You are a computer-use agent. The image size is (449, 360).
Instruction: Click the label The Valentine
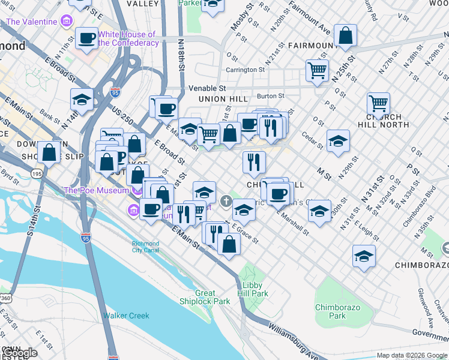coord(32,22)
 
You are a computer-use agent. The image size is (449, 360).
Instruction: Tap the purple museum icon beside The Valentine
coord(66,22)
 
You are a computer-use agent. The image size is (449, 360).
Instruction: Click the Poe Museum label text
coord(97,190)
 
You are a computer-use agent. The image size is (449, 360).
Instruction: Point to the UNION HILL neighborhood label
coord(223,99)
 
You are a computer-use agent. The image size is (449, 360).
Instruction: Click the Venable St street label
coord(206,88)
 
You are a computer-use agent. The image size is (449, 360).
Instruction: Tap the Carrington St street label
coord(245,70)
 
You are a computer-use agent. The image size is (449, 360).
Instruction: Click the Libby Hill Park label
coord(253,290)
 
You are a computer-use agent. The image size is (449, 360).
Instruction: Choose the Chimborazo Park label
coord(338,311)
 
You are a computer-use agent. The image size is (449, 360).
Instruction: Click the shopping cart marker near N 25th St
coord(317,69)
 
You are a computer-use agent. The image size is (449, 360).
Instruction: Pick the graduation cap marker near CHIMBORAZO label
coord(364,256)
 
